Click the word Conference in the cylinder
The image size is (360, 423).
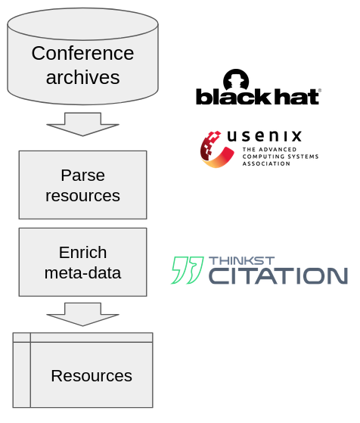[82, 53]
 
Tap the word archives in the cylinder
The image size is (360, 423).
[82, 77]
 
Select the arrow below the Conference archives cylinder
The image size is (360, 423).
[82, 124]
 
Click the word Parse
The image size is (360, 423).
[82, 176]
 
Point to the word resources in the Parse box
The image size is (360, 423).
[82, 195]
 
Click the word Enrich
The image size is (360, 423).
[82, 253]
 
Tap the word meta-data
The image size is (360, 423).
[82, 272]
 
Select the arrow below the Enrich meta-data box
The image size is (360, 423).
[82, 314]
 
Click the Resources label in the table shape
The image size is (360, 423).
[92, 376]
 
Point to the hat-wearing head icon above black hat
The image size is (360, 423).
[236, 79]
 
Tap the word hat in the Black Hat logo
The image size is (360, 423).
[296, 96]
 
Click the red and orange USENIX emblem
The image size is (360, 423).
[216, 149]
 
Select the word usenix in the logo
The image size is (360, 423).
[264, 136]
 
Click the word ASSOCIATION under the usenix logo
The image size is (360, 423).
[266, 163]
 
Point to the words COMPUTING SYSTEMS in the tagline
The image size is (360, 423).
[281, 157]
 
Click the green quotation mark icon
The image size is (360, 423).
[187, 270]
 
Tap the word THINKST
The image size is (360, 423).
[241, 260]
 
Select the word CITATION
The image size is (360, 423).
[278, 275]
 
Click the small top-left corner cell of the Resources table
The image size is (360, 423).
[22, 337]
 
